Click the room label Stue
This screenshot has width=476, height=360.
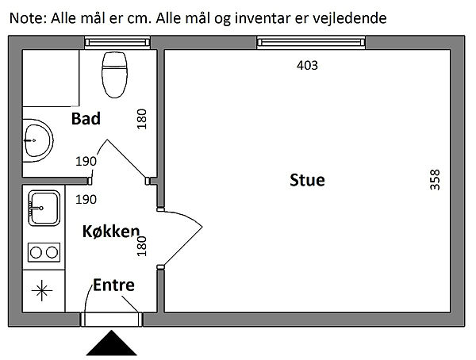point(307,180)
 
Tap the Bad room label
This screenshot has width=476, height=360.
point(86,119)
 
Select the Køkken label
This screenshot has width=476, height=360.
point(111,232)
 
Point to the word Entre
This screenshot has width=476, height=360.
point(113,285)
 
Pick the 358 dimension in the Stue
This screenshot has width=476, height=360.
point(434,180)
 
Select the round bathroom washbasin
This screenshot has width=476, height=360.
point(36,140)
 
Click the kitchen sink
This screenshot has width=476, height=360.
point(43,209)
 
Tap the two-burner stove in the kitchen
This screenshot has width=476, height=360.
point(43,252)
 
